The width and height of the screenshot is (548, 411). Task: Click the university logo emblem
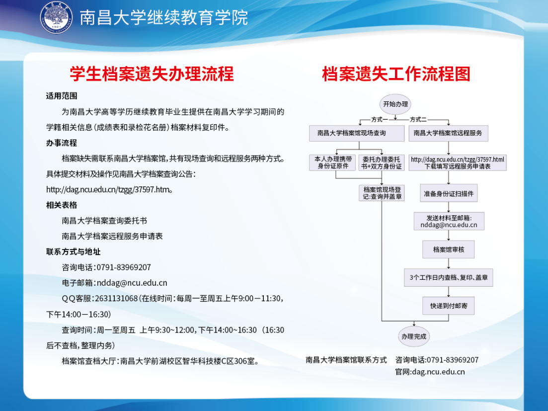(56, 17)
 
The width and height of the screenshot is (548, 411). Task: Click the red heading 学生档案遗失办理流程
(152, 74)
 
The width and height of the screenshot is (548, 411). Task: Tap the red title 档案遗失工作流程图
(396, 74)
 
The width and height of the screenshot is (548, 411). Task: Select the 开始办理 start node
(395, 104)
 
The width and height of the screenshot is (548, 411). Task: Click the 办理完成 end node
(414, 336)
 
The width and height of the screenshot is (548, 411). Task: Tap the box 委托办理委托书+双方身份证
(382, 163)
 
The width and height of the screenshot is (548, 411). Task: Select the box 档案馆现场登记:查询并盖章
(382, 193)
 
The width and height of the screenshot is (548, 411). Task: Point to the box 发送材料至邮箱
(449, 221)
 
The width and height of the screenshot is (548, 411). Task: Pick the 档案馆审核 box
(448, 249)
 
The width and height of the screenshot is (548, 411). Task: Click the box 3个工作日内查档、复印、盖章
(448, 278)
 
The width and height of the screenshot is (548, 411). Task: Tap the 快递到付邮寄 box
(448, 306)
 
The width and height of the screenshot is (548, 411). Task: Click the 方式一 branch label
(379, 119)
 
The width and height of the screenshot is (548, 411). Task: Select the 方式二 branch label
(418, 119)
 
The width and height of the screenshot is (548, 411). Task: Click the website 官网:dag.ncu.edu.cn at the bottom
(430, 372)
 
